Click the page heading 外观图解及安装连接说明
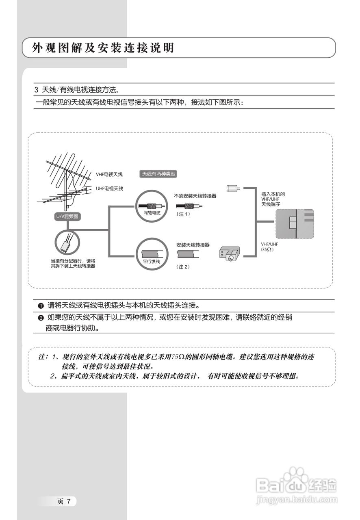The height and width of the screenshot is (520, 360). pos(104,48)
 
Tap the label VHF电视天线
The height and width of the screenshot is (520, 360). pos(109,174)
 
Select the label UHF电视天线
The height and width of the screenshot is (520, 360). pos(109,188)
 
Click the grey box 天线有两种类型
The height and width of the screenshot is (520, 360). pos(158,174)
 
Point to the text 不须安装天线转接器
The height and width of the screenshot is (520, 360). pos(195,195)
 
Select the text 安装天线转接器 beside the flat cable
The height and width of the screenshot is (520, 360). pos(193,245)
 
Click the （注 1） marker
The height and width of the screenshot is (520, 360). pos(183,214)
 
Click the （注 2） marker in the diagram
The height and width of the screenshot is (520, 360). pos(183,267)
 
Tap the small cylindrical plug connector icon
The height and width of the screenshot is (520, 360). pos(233,188)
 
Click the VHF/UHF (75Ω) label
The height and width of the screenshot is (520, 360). pos(268,247)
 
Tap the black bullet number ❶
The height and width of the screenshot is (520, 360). pos(41,305)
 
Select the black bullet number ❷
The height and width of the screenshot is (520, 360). pos(41,318)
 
